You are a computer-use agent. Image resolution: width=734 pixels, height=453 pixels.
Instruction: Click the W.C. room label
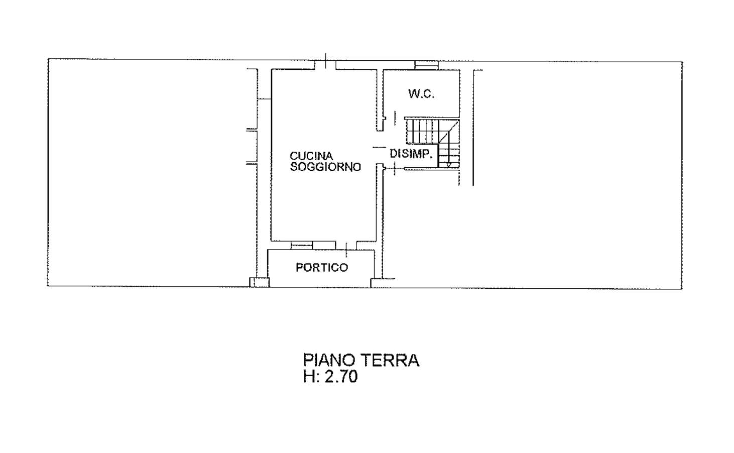tap(421, 94)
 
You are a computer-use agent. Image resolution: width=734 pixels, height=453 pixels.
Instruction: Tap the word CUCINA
tap(311, 156)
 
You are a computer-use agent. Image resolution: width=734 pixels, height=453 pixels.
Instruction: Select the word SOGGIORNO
tap(325, 167)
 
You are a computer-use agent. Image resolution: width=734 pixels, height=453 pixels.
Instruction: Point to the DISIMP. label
tap(410, 154)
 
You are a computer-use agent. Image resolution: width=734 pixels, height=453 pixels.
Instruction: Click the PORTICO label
tap(321, 268)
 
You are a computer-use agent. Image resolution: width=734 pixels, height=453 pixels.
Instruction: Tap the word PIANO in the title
tap(329, 360)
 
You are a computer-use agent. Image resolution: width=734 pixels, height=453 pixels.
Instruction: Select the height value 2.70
tap(341, 377)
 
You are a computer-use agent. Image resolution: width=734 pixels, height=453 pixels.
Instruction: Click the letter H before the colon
tap(309, 377)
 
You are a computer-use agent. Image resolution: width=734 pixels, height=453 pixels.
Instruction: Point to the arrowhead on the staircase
tap(449, 165)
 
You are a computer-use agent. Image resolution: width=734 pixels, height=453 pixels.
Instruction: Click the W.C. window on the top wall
tap(427, 65)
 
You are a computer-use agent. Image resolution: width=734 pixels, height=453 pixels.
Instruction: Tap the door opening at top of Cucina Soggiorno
tap(325, 65)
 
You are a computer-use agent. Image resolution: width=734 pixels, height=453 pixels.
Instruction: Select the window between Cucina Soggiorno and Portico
tap(313, 246)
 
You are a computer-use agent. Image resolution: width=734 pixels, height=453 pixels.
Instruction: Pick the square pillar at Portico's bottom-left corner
tap(260, 282)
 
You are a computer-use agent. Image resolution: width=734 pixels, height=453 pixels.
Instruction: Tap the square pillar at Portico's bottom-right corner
tap(376, 283)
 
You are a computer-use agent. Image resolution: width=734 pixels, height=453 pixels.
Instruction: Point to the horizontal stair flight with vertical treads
tap(422, 132)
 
